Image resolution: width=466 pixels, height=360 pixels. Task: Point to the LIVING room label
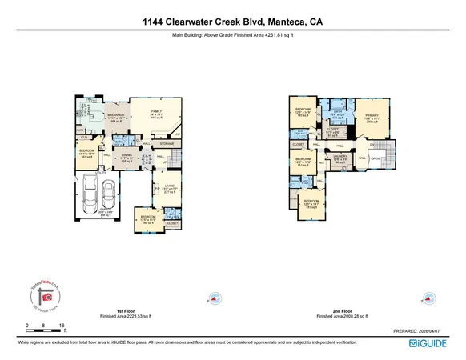(169, 189)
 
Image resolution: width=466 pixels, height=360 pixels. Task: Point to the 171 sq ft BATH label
(338, 114)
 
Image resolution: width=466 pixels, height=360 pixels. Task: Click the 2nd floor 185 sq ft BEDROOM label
(303, 110)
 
